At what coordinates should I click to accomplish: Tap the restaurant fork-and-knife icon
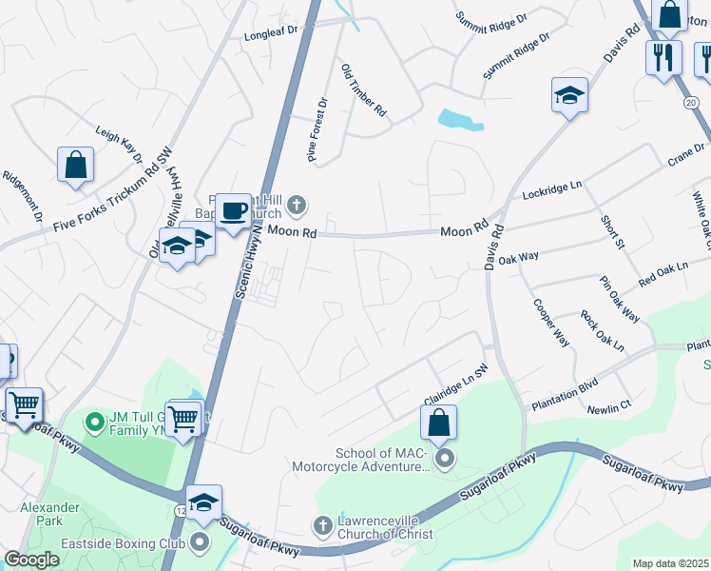[x=663, y=56]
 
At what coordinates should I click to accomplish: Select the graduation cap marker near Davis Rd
[x=568, y=95]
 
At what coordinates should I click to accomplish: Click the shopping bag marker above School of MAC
[x=438, y=423]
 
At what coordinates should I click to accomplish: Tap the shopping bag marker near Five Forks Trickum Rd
[x=75, y=165]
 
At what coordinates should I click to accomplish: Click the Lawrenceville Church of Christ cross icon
[x=322, y=525]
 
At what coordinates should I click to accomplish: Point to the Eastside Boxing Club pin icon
[x=200, y=543]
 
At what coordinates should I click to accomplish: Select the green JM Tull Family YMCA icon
[x=94, y=420]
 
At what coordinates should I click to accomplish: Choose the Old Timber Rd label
[x=364, y=90]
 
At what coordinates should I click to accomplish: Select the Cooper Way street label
[x=551, y=324]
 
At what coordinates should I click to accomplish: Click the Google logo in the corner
[x=31, y=560]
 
